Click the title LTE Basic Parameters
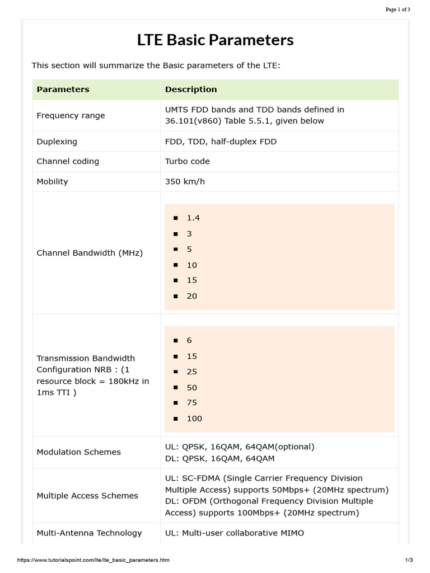pyautogui.click(x=215, y=40)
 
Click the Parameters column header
pyautogui.click(x=63, y=90)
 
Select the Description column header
pyautogui.click(x=190, y=90)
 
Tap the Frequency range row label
pyautogui.click(x=71, y=116)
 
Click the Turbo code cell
pyautogui.click(x=187, y=161)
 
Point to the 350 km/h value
pyautogui.click(x=185, y=181)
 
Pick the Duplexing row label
pyautogui.click(x=57, y=142)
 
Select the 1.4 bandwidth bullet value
pyautogui.click(x=193, y=218)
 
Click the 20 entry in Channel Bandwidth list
pyautogui.click(x=192, y=296)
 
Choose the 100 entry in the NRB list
pyautogui.click(x=194, y=419)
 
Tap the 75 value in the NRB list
pyautogui.click(x=192, y=402)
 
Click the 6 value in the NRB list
pyautogui.click(x=189, y=340)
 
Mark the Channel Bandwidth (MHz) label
pyautogui.click(x=90, y=253)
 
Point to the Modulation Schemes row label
pyautogui.click(x=78, y=452)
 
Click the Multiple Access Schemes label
pyautogui.click(x=87, y=496)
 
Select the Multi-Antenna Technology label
pyautogui.click(x=89, y=533)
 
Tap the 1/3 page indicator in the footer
pyautogui.click(x=408, y=560)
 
